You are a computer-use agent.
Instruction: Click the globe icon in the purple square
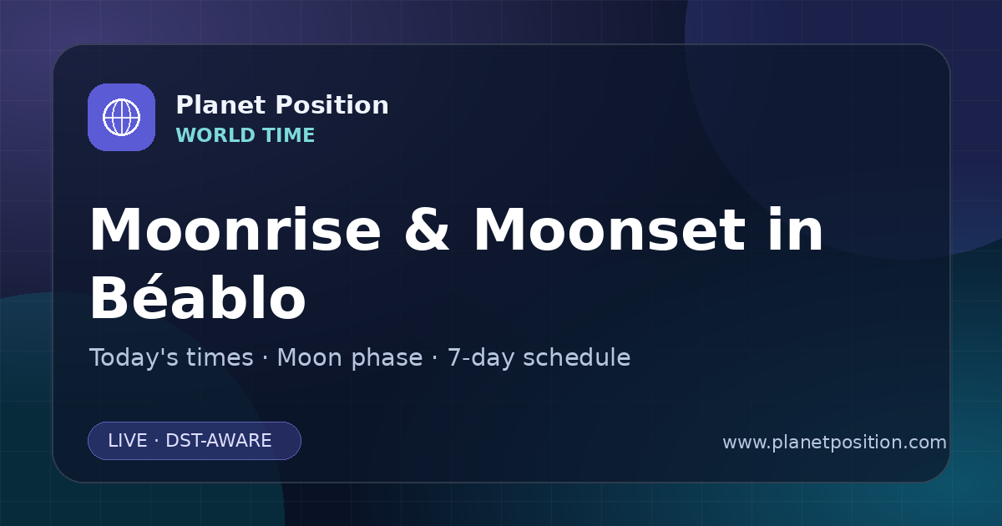121,117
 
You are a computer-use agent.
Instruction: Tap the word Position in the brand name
332,105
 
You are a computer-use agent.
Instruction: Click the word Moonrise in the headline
235,230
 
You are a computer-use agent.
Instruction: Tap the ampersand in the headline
427,230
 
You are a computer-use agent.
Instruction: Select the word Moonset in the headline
610,230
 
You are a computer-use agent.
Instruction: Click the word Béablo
198,297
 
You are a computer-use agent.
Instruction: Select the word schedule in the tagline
577,357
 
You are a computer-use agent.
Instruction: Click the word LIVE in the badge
128,441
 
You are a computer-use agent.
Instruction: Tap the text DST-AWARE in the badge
218,441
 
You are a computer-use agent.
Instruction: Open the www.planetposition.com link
835,443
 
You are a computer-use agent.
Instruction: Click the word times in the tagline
220,357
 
